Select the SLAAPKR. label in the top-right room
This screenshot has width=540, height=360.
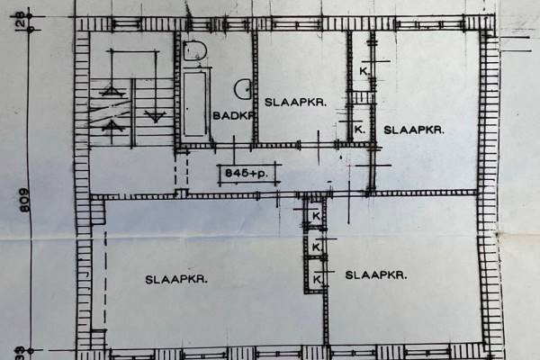(x=414, y=130)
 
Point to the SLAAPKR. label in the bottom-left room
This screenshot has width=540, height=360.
(x=176, y=279)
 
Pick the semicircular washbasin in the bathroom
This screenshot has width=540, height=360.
(x=244, y=88)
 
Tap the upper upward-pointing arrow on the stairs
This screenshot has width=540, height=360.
(x=112, y=89)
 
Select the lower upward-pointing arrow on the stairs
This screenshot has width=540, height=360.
(x=112, y=125)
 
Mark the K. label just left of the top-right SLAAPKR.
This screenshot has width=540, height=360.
(x=360, y=130)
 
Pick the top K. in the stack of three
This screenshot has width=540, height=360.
(x=316, y=218)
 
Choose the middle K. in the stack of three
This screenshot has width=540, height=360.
(x=317, y=247)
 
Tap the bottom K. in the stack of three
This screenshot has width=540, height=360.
(x=318, y=280)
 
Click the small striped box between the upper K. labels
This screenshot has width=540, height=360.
(x=361, y=97)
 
